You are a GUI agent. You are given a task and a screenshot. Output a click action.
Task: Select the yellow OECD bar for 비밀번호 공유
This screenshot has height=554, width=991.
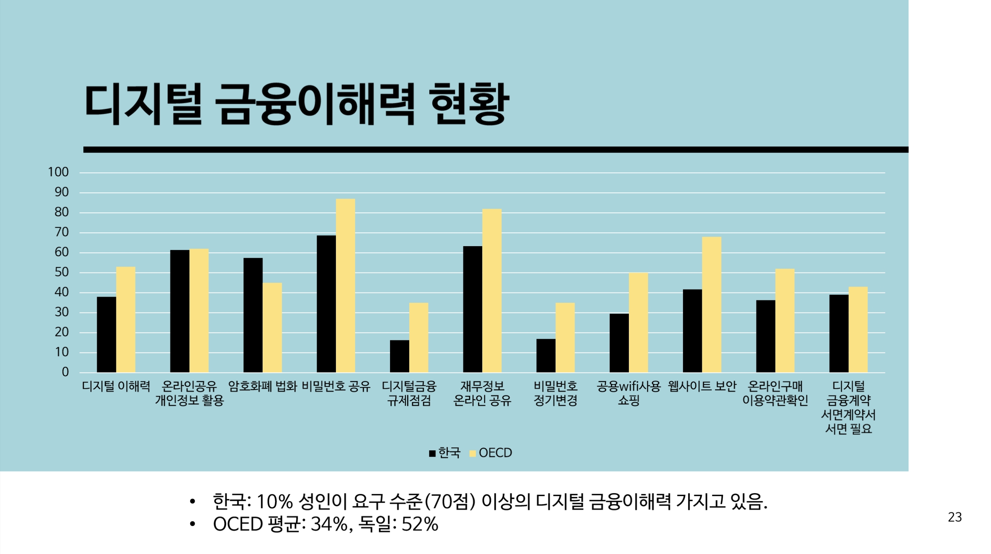click(345, 286)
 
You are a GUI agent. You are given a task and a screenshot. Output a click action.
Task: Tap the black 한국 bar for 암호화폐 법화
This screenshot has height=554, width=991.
click(253, 315)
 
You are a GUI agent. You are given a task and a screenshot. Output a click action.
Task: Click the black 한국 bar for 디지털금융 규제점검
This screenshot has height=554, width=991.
click(399, 356)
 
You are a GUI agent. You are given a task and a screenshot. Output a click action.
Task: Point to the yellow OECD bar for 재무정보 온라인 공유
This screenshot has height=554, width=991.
click(492, 291)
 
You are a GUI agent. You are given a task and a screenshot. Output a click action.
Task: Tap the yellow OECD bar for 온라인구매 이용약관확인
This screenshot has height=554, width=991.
click(785, 321)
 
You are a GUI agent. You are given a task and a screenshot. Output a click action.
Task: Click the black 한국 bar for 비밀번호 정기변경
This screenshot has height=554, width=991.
click(546, 356)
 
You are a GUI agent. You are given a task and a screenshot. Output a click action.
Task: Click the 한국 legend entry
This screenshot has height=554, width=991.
click(445, 453)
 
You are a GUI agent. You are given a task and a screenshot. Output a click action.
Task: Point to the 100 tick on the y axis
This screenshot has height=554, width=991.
click(58, 172)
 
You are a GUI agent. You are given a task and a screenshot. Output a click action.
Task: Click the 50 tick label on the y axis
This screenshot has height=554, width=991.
click(61, 272)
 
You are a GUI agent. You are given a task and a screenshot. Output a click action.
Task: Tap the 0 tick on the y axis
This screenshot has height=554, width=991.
click(65, 372)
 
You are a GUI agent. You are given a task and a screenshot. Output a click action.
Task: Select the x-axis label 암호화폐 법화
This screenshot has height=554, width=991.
click(263, 387)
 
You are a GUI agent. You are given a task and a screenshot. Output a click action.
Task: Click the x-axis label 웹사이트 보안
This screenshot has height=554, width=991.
click(702, 387)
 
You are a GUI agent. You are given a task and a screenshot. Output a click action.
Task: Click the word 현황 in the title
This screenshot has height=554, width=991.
click(469, 104)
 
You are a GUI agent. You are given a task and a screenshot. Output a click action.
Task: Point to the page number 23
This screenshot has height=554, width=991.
click(955, 517)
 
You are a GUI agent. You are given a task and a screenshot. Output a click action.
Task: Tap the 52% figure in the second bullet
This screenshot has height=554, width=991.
click(420, 524)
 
